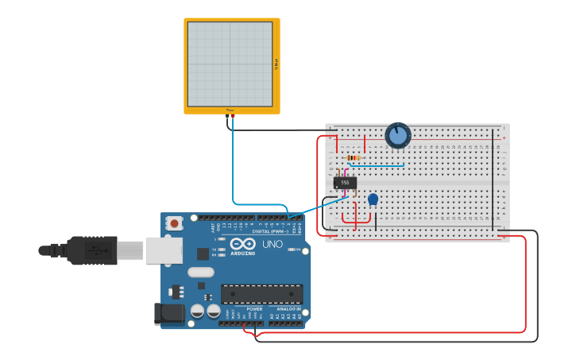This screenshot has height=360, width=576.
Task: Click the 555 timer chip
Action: [345, 183]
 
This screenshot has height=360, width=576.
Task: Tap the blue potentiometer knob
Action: [397, 136]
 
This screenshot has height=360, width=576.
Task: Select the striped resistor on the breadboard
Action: [352, 157]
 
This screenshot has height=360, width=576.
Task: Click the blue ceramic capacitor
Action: [373, 199]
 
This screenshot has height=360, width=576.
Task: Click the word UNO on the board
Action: [273, 244]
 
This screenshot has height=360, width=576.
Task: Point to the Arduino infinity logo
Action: [243, 244]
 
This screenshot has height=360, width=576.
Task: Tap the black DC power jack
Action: [169, 313]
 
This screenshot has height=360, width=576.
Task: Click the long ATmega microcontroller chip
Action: [261, 294]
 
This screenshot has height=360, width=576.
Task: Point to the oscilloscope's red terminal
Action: [232, 116]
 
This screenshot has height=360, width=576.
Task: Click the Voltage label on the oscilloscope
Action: [276, 64]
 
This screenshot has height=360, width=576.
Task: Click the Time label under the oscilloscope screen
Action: [230, 110]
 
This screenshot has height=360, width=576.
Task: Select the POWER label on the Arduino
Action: [254, 308]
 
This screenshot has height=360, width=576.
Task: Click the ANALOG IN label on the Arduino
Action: [288, 308]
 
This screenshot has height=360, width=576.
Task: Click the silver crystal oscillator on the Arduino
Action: [201, 272]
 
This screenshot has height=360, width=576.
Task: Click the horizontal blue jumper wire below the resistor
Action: [377, 165]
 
